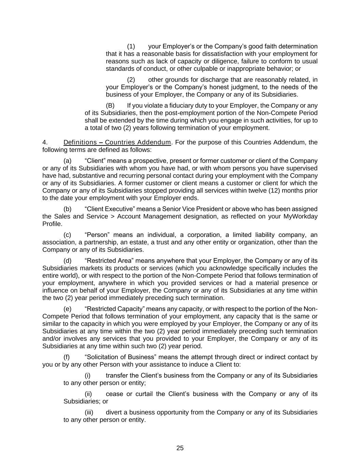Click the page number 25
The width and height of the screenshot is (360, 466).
coord(180,448)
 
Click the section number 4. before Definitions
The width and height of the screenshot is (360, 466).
coord(45,142)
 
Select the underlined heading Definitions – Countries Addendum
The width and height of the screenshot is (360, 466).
coord(117,142)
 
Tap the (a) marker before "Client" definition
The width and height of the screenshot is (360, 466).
coord(68,161)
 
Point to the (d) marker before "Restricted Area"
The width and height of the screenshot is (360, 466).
coord(68,261)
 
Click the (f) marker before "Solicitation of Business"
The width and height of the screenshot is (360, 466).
coord(67,357)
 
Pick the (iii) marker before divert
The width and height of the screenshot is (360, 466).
coord(89,412)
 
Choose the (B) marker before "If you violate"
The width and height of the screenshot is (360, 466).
coord(110,105)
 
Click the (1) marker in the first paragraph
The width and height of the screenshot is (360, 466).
coord(131,46)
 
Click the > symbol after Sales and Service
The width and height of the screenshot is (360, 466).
coord(113,216)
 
